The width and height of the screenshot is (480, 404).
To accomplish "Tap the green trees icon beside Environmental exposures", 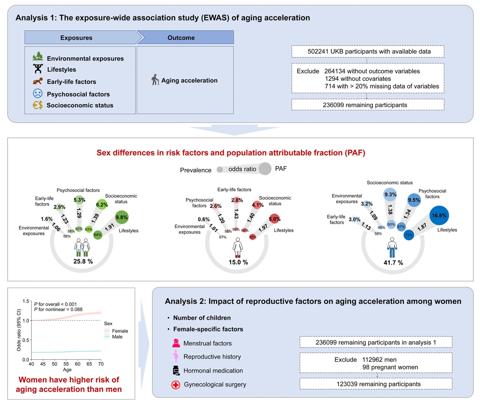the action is (38, 56).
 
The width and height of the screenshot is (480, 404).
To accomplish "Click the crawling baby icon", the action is (38, 81).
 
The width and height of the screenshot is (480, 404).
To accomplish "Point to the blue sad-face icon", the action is (38, 94).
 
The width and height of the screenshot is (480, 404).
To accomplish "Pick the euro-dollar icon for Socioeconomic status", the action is (38, 105).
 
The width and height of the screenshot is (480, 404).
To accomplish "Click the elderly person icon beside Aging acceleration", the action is (155, 80).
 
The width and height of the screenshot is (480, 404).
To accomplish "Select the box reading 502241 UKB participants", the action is (368, 52).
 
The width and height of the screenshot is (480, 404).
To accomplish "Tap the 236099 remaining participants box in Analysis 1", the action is (368, 105).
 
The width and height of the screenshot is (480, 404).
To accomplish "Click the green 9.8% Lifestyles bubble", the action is (122, 217).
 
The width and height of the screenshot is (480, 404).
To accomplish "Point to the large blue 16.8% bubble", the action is (439, 215).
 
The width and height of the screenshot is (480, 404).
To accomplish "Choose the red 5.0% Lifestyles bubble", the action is (275, 219).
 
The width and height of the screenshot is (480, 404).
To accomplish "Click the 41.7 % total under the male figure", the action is (393, 263).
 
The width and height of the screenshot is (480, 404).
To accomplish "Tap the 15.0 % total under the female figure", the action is (238, 262).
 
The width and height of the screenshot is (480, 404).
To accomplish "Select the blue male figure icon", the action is (392, 247).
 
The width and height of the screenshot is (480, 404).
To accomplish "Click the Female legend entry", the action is (116, 331).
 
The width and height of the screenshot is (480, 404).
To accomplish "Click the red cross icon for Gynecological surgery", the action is (176, 385).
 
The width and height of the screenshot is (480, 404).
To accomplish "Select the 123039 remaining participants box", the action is (376, 384).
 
